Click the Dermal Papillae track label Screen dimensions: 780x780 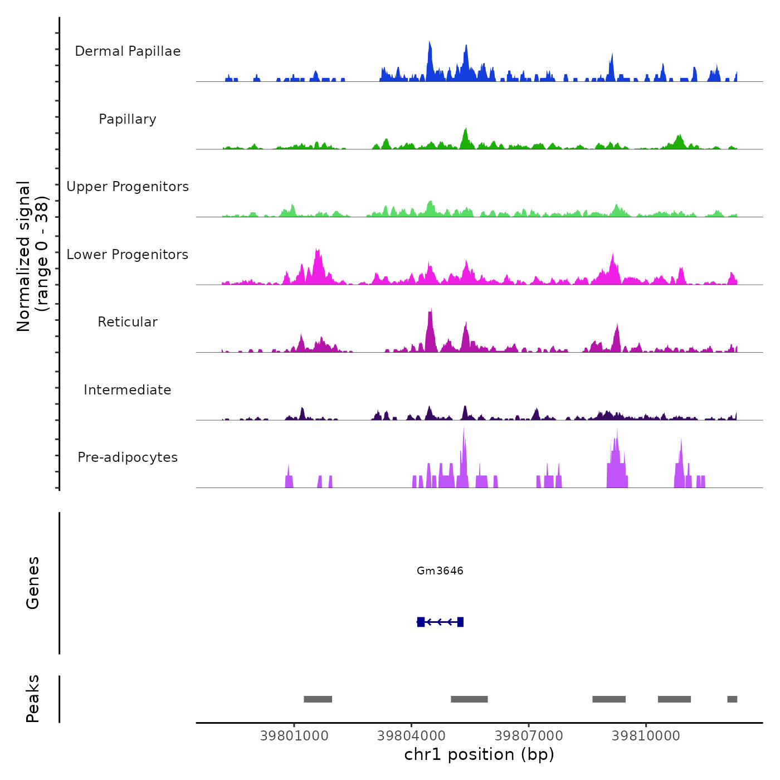tap(128, 51)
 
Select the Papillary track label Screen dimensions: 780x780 tap(128, 119)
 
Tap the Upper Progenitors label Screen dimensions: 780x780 tap(128, 187)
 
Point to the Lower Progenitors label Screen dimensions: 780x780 tap(128, 255)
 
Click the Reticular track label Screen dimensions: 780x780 tap(128, 322)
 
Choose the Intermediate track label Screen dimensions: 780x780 tap(128, 390)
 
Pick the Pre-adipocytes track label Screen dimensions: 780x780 tap(128, 457)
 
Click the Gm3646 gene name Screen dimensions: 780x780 tap(440, 571)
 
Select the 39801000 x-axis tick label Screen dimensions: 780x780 tap(294, 736)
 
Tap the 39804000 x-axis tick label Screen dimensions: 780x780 tap(411, 736)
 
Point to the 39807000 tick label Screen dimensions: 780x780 tap(529, 736)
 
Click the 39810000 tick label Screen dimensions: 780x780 tap(646, 736)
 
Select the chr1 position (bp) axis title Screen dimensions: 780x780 tap(479, 755)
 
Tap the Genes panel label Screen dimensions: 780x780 tap(33, 583)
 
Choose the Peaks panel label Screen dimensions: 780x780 tap(33, 699)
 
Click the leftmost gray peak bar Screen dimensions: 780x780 tap(318, 699)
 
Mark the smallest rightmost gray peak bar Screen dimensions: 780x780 tap(732, 699)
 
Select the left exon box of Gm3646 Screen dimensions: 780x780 tap(421, 622)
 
